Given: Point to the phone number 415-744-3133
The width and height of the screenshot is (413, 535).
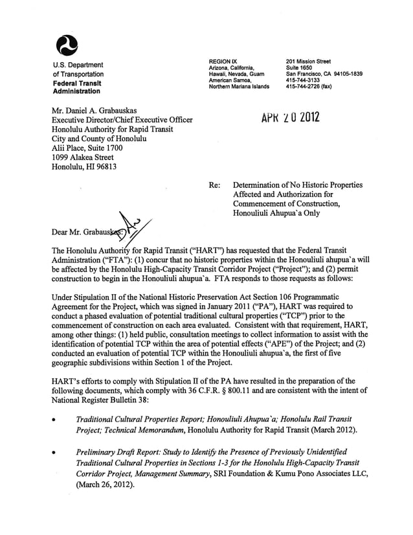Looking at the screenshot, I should tap(302, 80).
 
